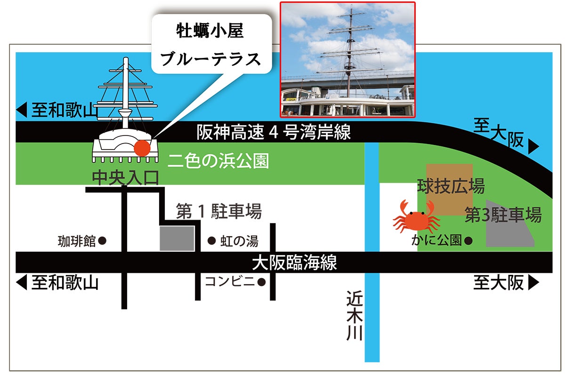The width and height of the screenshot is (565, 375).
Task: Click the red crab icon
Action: (x=416, y=217)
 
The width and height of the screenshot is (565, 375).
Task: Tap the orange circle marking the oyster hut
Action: (x=142, y=148)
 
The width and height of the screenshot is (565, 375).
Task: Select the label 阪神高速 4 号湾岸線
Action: (x=274, y=133)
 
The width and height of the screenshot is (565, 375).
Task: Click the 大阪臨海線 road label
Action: (x=294, y=263)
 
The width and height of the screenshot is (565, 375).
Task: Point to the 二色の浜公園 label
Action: (x=218, y=161)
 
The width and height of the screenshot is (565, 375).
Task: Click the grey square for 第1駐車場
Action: (x=177, y=238)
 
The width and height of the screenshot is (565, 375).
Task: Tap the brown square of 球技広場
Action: (x=449, y=190)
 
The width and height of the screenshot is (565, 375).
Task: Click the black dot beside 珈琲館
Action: (x=103, y=241)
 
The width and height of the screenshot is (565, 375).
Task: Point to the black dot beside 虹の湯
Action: (x=212, y=241)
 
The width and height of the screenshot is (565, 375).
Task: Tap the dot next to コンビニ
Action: (x=261, y=282)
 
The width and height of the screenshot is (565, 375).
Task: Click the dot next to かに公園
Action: (x=468, y=240)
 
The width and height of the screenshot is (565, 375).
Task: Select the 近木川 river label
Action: (x=354, y=316)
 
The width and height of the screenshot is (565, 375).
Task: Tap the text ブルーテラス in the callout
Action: (x=210, y=59)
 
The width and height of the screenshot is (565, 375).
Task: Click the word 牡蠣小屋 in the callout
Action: (x=210, y=33)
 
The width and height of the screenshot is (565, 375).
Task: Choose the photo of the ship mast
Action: (x=347, y=59)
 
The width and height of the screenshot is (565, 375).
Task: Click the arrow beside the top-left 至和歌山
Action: (x=21, y=111)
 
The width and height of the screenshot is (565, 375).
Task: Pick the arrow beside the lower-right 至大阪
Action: (x=533, y=283)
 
